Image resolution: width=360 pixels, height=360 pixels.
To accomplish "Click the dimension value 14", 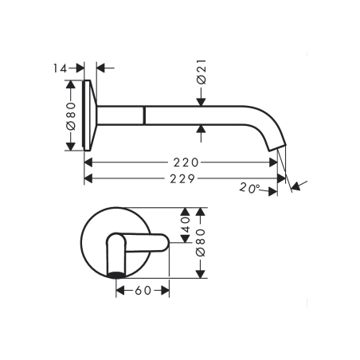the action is coord(60,68).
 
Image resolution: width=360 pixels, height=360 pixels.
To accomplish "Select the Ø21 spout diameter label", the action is coord(202,72).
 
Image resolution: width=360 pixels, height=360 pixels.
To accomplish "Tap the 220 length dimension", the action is coord(186,162).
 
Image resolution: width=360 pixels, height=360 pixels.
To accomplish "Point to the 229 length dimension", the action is coord(182,179).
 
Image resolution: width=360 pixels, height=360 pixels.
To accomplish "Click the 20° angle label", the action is coord(249,188).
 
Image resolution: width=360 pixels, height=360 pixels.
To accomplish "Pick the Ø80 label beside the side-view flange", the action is coord(71,116).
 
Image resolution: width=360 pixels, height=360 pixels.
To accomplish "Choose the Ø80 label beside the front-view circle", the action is coord(201,243).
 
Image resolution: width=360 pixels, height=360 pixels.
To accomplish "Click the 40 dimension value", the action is coord(186,225).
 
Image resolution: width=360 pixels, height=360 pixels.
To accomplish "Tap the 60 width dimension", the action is coord(143,291).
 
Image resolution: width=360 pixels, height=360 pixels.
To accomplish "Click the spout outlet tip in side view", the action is coord(278,147).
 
